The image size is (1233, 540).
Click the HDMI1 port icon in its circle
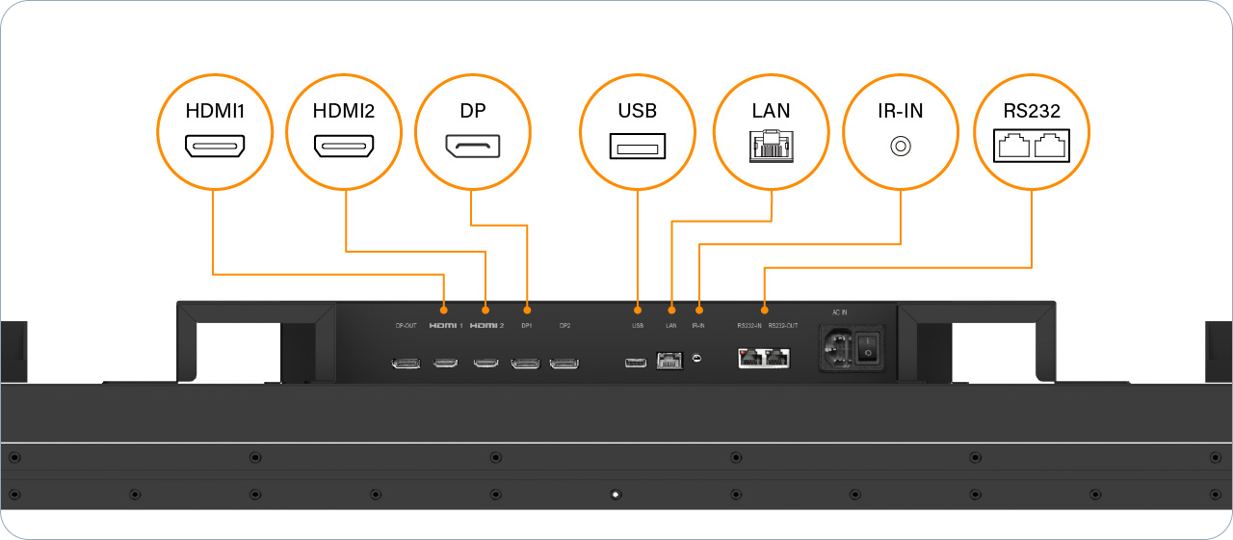coord(215,148)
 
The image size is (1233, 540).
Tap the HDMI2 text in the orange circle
coord(344,111)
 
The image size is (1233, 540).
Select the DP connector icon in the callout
coord(472,148)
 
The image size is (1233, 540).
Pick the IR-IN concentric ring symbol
coord(901,147)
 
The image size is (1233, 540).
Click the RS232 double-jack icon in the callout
coord(1032,148)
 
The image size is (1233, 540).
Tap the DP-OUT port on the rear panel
coord(406,364)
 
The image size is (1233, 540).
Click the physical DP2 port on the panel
coord(564,364)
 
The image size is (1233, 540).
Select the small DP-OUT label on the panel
coord(406,326)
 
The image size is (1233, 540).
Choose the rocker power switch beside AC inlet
coord(870,352)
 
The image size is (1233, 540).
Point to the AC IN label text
coord(839,311)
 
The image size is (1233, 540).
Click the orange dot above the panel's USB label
coord(638,310)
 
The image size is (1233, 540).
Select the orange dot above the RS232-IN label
coord(764,310)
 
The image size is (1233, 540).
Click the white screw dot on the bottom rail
coord(616,495)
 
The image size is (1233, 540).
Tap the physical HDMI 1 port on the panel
coord(445,364)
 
